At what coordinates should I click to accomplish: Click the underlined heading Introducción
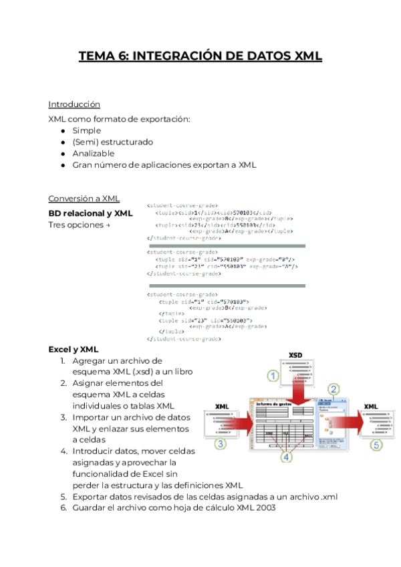(x=74, y=104)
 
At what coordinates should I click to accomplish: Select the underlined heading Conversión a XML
(x=84, y=198)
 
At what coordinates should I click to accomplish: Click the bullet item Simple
(x=87, y=130)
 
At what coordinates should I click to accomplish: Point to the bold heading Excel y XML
(x=74, y=349)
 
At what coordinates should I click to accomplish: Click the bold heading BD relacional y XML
(x=90, y=213)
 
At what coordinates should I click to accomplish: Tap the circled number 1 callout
(x=273, y=376)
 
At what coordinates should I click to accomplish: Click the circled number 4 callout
(x=287, y=457)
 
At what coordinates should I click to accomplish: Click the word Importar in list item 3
(x=92, y=417)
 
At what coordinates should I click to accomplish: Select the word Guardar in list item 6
(x=91, y=508)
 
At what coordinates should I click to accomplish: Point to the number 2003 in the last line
(x=261, y=508)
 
